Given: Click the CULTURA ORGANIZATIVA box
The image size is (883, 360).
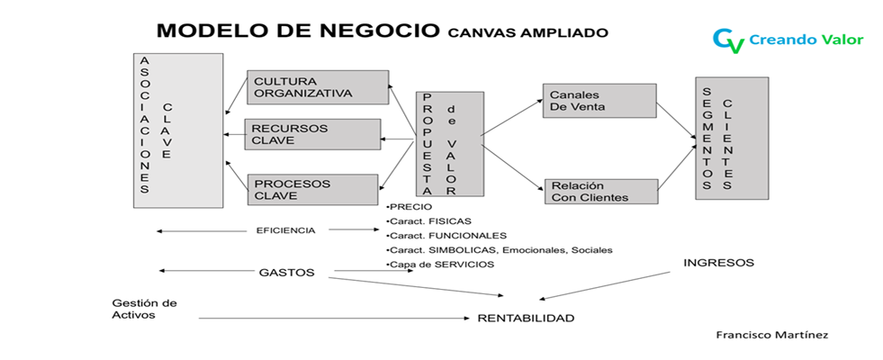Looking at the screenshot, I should click(318, 87).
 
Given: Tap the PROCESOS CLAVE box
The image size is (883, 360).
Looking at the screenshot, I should click(311, 189).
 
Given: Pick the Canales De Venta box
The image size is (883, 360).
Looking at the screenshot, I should click(599, 101).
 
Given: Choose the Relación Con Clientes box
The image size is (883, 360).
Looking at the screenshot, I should click(599, 191).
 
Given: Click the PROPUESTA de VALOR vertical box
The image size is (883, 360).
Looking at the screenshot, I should click(448, 143).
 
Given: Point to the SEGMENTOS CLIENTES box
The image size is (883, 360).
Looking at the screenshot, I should click(731, 138).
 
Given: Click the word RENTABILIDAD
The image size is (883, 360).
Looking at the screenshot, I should click(526, 318).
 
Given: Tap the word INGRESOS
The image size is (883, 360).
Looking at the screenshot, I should click(718, 263).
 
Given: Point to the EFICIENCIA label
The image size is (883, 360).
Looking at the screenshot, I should click(285, 230).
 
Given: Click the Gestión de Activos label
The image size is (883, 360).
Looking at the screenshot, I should click(144, 309).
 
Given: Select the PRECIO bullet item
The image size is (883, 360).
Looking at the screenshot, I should click(403, 206).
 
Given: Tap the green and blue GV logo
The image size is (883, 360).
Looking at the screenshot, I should click(727, 40).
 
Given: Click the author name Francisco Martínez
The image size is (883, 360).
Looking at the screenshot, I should click(770, 334).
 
